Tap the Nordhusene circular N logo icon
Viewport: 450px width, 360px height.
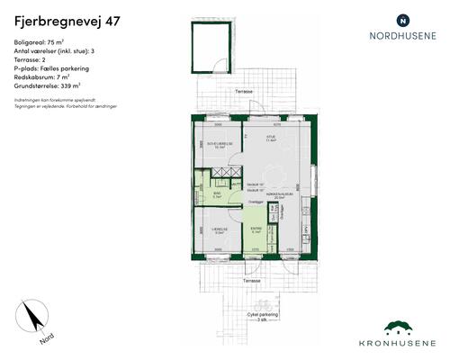(402, 19)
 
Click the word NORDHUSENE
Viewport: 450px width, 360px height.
(402, 38)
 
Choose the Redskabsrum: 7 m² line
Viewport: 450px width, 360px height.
(43, 76)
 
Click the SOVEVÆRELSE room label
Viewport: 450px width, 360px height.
(220, 142)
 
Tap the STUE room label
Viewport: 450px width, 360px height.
(269, 137)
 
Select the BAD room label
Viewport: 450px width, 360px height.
(217, 193)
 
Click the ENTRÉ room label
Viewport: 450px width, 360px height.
(256, 229)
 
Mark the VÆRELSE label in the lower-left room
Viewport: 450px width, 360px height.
(219, 229)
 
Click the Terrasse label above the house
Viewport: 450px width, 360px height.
(242, 92)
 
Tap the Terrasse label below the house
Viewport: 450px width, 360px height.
(250, 281)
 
